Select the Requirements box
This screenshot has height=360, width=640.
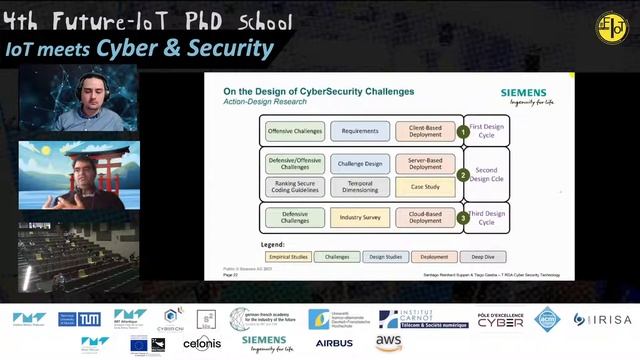(x=359, y=130)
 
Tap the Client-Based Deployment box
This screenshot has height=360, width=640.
(x=425, y=130)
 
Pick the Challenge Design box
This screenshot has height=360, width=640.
(x=359, y=163)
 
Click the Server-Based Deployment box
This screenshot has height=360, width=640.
(x=425, y=163)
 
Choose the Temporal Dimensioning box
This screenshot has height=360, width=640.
(x=359, y=186)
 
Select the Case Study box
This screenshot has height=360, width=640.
(x=425, y=186)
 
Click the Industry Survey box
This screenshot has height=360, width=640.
(x=359, y=217)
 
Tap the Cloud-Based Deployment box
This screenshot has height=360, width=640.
(x=425, y=217)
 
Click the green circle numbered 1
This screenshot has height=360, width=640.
(x=463, y=131)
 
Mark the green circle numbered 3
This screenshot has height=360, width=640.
(x=463, y=217)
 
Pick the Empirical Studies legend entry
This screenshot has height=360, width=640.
(x=286, y=256)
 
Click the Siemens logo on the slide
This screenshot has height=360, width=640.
(x=523, y=94)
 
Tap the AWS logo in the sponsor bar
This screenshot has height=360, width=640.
(x=389, y=342)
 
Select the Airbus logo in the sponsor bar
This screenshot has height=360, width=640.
(x=334, y=343)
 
